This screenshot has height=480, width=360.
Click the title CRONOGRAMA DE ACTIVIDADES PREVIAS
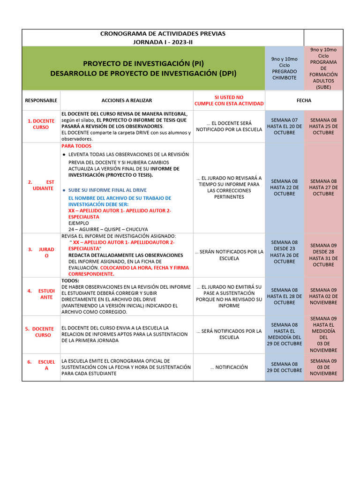tap(163, 34)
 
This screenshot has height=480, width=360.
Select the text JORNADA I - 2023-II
tap(163, 42)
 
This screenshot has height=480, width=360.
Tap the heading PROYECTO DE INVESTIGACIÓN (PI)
tap(143, 64)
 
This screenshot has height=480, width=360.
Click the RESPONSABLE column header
tap(41, 100)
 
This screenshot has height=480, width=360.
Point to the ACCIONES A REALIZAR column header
tap(127, 100)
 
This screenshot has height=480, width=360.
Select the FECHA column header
tap(304, 100)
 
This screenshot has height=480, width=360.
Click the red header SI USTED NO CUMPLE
tap(229, 100)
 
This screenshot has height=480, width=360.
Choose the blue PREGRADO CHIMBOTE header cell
tap(284, 68)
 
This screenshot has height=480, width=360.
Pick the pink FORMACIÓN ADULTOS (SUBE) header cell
tap(323, 68)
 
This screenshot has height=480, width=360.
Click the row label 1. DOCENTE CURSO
tap(41, 124)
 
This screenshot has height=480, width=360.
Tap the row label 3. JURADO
tap(41, 253)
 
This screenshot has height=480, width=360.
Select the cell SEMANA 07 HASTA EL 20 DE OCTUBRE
tap(284, 126)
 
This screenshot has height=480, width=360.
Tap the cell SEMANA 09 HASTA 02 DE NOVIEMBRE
tap(323, 296)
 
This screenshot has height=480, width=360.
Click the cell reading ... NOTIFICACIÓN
tap(229, 367)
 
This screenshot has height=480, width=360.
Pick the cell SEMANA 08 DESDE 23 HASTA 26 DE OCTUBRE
tap(284, 252)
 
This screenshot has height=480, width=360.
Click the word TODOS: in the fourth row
tap(70, 280)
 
